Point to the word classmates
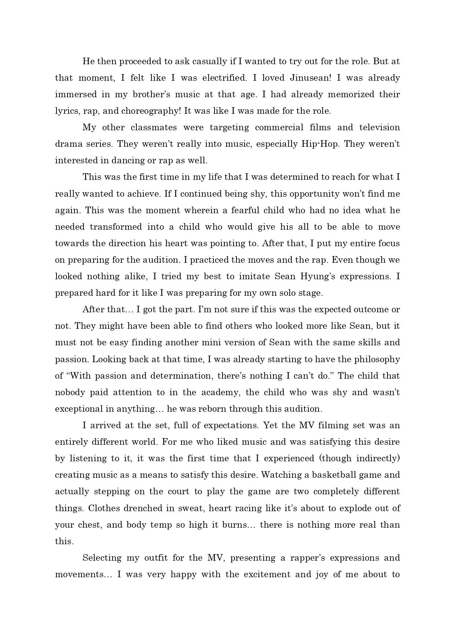(x=154, y=127)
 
